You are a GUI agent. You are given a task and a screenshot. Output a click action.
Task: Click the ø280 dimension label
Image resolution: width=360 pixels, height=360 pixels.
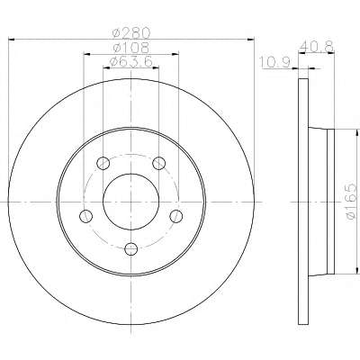130,32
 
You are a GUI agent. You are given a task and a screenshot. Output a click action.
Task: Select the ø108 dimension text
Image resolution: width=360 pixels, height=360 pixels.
130,48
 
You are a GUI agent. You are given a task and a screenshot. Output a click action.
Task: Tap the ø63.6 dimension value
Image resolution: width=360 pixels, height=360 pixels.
131,61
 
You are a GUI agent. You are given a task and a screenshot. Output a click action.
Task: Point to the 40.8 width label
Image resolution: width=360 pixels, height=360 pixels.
317,47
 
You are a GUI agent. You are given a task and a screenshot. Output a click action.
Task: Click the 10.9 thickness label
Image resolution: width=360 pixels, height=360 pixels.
274,62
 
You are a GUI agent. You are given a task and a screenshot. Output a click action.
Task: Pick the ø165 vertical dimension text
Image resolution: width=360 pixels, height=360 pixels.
352,202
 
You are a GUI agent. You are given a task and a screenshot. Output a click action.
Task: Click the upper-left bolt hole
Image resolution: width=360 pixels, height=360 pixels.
103,163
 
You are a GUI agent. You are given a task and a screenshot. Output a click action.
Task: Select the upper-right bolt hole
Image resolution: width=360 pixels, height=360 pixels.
158,163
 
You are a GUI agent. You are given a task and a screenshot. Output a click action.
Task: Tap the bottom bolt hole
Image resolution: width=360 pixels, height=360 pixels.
131,248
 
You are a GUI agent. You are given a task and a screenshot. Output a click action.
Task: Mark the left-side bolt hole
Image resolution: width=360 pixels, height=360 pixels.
86,216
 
